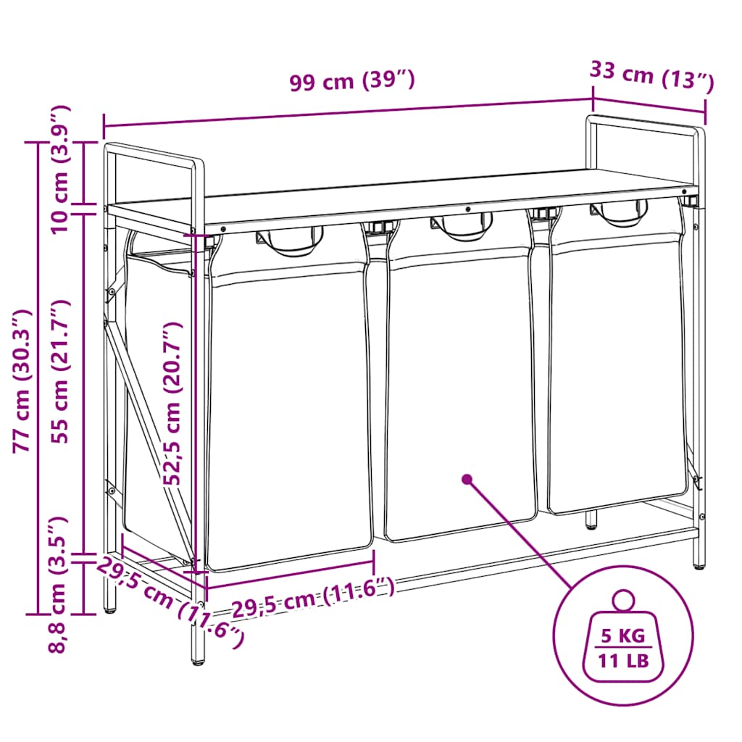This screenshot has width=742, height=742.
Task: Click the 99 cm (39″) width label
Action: coord(352,80)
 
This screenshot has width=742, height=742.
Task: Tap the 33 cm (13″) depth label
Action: coord(651,75)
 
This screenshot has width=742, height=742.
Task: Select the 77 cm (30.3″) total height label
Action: coord(22,381)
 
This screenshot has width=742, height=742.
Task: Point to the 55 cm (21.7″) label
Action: coord(61,371)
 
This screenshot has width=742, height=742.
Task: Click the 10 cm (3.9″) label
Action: coord(60,169)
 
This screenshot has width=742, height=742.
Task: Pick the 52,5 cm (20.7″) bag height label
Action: coord(172,403)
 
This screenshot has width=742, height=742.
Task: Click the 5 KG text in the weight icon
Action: coord(623,636)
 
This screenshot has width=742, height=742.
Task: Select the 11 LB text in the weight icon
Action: coord(623,661)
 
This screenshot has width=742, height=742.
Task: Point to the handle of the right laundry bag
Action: coord(619,214)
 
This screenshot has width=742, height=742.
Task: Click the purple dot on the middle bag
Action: coord(467,480)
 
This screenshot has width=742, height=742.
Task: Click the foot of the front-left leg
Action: coord(199,661)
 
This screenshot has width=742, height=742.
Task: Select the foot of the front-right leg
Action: coord(699,564)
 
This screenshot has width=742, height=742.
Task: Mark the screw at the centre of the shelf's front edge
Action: coord(468,209)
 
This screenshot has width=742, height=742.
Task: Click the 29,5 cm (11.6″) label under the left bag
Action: coord(312,597)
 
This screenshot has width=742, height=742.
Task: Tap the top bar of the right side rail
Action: coord(646,121)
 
